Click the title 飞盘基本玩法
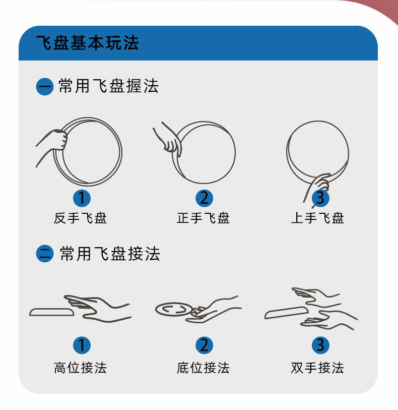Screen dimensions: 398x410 pos(88,43)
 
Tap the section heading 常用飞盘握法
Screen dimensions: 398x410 pos(108,86)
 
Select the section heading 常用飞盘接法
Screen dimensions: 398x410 pos(110,253)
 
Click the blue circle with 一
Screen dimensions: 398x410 pos(45,87)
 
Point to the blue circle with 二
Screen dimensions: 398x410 pos(45,254)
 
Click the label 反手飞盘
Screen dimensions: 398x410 pos(80,218)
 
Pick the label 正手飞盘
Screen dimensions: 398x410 pos(203,218)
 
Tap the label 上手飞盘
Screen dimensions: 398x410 pos(317,218)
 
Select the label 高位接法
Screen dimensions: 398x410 pos(80,368)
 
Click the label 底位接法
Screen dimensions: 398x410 pos(203,368)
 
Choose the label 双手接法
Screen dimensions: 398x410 pos(317,368)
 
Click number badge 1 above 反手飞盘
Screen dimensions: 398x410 pos(82,198)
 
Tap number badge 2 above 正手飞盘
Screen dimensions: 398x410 pos(204,198)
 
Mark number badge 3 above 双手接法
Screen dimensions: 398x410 pos(320,345)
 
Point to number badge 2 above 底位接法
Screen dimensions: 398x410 pos(204,345)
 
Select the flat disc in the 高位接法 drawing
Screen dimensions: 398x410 pos(52,312)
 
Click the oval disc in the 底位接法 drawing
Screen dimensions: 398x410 pos(174,309)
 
